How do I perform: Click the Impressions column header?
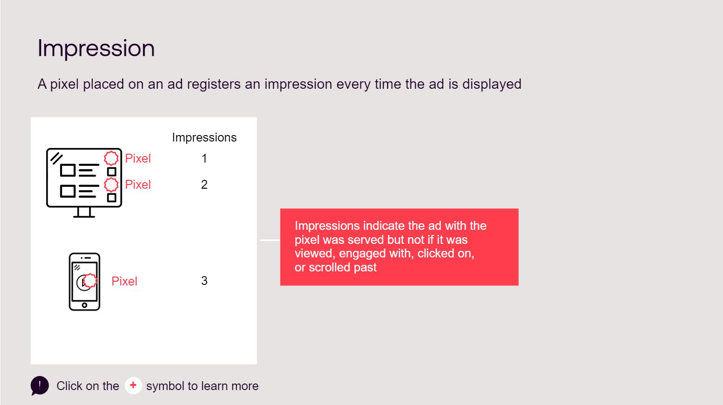pyautogui.click(x=204, y=138)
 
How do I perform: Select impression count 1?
pyautogui.click(x=204, y=158)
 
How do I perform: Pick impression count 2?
pyautogui.click(x=204, y=185)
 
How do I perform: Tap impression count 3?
pyautogui.click(x=204, y=281)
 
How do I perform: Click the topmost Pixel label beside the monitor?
pyautogui.click(x=138, y=158)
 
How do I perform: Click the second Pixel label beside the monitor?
pyautogui.click(x=138, y=185)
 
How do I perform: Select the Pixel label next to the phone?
pyautogui.click(x=124, y=281)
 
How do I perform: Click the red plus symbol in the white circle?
pyautogui.click(x=133, y=385)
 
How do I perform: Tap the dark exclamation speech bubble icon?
pyautogui.click(x=40, y=385)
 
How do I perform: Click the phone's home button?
pyautogui.click(x=84, y=305)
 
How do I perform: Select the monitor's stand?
pyautogui.click(x=84, y=213)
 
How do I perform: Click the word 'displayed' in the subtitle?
pyautogui.click(x=492, y=85)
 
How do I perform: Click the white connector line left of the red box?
pyautogui.click(x=270, y=240)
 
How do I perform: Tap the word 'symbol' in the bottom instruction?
pyautogui.click(x=165, y=386)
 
